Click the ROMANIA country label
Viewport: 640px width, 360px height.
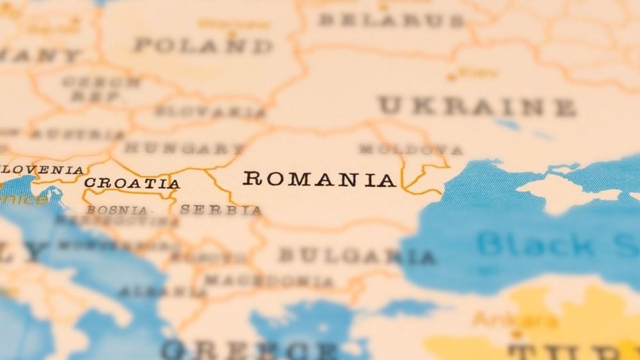click(x=319, y=179)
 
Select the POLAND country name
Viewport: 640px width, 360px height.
click(x=203, y=45)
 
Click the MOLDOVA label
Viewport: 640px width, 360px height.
click(x=411, y=149)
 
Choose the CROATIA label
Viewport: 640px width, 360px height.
click(x=132, y=183)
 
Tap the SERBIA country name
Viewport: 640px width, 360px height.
click(x=221, y=210)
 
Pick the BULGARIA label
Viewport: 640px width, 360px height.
click(x=356, y=256)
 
